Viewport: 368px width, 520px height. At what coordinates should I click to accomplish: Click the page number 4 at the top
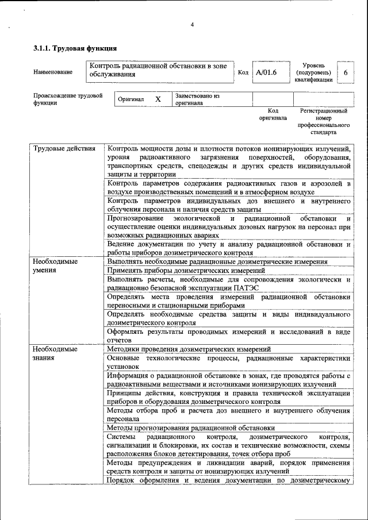click(x=192, y=25)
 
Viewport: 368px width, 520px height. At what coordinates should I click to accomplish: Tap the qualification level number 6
click(x=345, y=72)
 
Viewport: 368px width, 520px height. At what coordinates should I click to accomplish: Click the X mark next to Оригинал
click(x=158, y=99)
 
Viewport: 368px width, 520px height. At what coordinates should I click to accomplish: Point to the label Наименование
click(x=53, y=72)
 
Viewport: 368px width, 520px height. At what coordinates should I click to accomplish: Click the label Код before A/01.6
click(x=243, y=72)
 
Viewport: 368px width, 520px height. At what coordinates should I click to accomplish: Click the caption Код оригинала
click(x=273, y=114)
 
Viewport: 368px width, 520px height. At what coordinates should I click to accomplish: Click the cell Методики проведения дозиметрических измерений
click(x=189, y=349)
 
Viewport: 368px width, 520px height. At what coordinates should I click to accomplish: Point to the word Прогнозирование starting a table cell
click(x=135, y=219)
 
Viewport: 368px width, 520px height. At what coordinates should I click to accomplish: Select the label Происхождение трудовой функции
click(x=67, y=99)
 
